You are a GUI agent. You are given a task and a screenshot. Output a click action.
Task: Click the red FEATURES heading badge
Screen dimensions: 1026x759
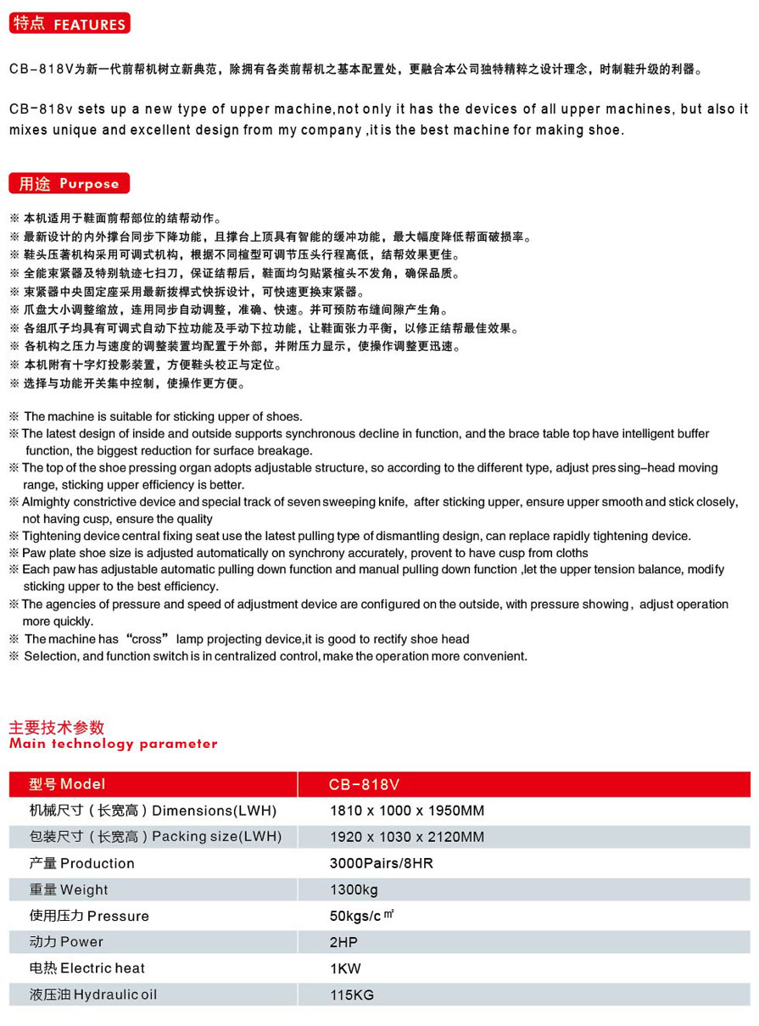click(70, 24)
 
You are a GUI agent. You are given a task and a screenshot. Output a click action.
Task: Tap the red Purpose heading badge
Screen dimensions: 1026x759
click(70, 183)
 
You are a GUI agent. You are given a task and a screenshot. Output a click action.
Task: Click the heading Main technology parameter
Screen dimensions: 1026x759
click(113, 744)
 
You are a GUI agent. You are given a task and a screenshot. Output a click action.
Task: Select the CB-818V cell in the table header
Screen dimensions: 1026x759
click(364, 784)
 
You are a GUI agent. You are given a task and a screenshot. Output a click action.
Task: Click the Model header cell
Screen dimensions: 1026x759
click(67, 784)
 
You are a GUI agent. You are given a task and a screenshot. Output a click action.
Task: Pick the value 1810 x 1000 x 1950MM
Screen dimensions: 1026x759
click(407, 811)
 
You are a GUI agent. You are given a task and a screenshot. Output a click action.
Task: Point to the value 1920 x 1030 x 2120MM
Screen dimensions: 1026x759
click(407, 837)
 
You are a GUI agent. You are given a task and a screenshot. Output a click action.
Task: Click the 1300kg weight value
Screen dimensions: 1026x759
click(354, 889)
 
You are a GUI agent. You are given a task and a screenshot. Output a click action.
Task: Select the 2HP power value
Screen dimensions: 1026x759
click(343, 942)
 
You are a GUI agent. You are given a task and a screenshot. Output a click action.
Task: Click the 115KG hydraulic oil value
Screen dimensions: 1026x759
click(351, 995)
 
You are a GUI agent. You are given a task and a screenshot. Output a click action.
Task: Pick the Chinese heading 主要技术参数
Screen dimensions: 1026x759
click(56, 728)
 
